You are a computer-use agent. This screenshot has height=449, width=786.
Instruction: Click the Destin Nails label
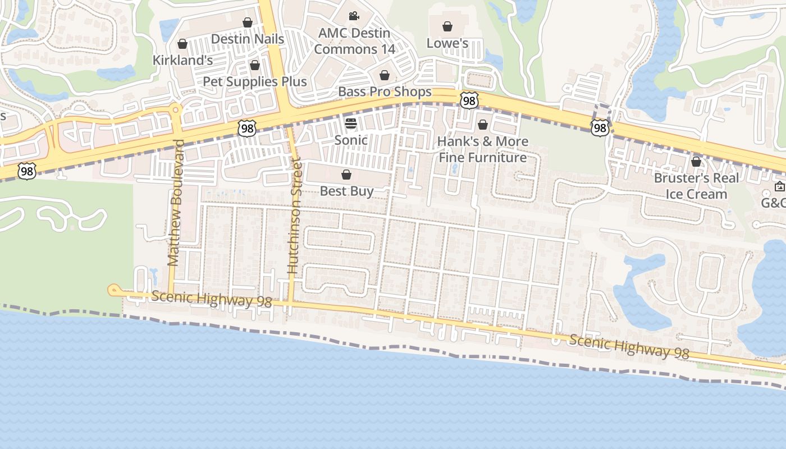247,39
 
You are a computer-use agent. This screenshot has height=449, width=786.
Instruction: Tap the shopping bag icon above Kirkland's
182,44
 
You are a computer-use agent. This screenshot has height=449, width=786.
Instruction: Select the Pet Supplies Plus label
254,81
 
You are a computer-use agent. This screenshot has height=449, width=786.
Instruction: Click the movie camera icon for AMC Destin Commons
354,16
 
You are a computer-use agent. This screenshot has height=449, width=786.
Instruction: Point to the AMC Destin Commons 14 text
354,41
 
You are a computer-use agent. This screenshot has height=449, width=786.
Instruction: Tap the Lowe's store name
447,43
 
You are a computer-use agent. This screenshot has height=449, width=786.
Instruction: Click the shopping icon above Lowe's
447,26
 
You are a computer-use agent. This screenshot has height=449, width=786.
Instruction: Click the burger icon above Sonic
351,123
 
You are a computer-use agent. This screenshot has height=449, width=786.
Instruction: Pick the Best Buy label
346,191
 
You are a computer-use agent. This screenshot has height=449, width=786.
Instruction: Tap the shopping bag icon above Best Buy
346,175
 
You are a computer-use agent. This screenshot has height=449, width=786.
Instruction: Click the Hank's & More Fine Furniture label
482,149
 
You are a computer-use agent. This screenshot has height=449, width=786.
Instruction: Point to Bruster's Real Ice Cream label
696,186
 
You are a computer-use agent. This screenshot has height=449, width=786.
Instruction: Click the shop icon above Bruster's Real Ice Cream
696,162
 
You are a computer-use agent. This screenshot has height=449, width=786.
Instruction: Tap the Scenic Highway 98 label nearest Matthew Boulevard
211,299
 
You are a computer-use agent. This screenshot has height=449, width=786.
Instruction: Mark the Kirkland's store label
182,60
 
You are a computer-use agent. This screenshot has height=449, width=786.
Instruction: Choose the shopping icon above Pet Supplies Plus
255,65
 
